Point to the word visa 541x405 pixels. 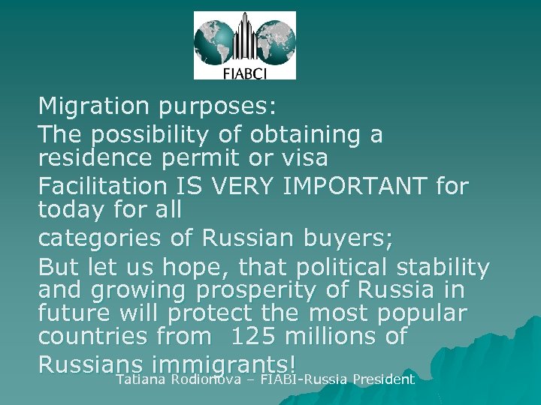tap(302, 158)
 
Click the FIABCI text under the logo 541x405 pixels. tap(244, 72)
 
